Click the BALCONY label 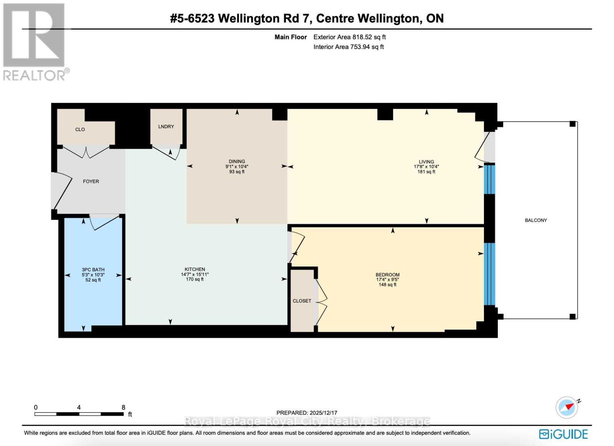point(536,220)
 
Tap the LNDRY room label point(166,127)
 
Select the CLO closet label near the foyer point(80,130)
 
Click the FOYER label point(91,181)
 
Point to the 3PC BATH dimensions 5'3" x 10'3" point(93,275)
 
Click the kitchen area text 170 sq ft point(195,279)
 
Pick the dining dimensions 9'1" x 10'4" point(237,167)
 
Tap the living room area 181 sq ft point(426,172)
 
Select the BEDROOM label point(387,275)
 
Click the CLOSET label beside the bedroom point(302,301)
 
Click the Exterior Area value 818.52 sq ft point(369,37)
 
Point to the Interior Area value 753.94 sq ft point(367,47)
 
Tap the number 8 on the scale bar point(123,408)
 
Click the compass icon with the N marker point(567,407)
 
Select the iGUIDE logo point(563,434)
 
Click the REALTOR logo point(35,42)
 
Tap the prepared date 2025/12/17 point(323,413)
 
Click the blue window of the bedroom point(489,274)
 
